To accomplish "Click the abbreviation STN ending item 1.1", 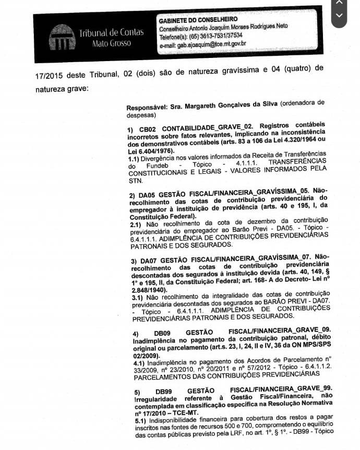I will [135, 181].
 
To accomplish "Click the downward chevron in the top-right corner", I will [340, 15].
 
